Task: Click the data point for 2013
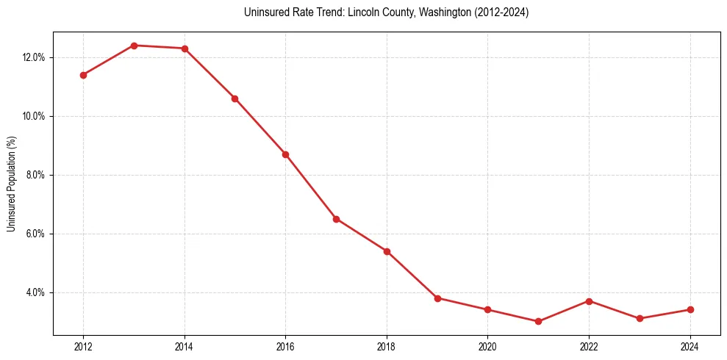click(134, 46)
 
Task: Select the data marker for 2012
click(83, 75)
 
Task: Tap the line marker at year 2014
click(185, 48)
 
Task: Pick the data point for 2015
click(234, 98)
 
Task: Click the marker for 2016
click(285, 154)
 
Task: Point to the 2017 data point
click(336, 219)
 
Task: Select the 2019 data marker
click(437, 298)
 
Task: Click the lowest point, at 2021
click(538, 321)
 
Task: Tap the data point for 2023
click(640, 318)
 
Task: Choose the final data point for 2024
click(690, 309)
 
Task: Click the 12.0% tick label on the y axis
click(34, 57)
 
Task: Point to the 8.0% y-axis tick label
click(36, 175)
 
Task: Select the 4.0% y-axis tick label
click(36, 292)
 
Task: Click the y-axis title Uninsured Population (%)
click(11, 184)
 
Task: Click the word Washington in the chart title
click(441, 12)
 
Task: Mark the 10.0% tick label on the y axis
click(34, 116)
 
